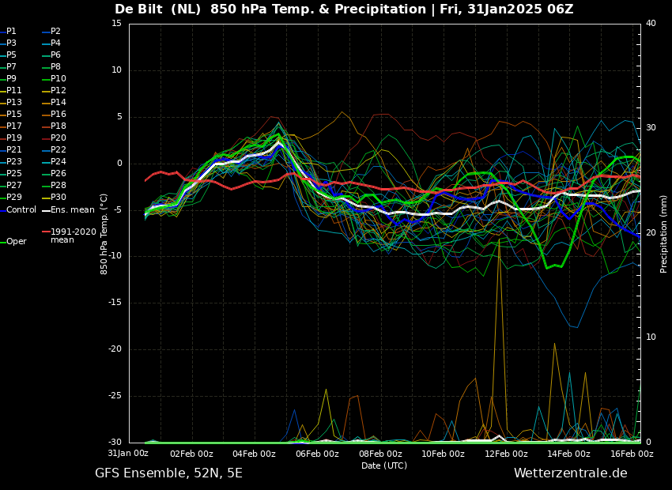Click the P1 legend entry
point(8,32)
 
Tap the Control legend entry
point(18,210)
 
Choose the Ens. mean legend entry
point(69,210)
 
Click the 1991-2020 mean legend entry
point(70,236)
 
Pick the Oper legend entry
point(13,242)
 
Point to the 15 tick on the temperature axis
point(116,24)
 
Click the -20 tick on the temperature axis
point(114,349)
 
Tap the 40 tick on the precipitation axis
point(651,24)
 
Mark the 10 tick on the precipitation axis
point(651,337)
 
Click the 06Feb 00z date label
point(318,454)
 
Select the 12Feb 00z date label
point(506,454)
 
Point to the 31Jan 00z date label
point(128,453)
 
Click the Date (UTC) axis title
point(384,465)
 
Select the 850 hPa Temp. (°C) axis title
point(104,234)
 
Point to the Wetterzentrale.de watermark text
point(571,473)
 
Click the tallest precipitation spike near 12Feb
point(500,239)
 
